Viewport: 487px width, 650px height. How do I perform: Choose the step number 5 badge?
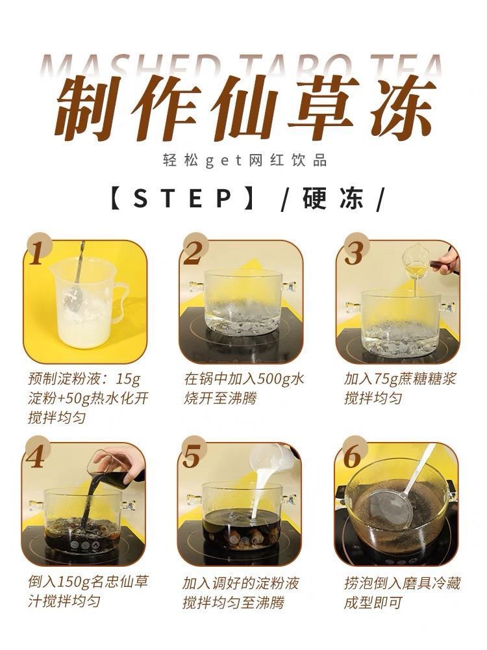(192, 456)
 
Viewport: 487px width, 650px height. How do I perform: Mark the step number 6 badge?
(351, 457)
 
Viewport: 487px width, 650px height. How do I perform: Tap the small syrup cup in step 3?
(415, 263)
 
